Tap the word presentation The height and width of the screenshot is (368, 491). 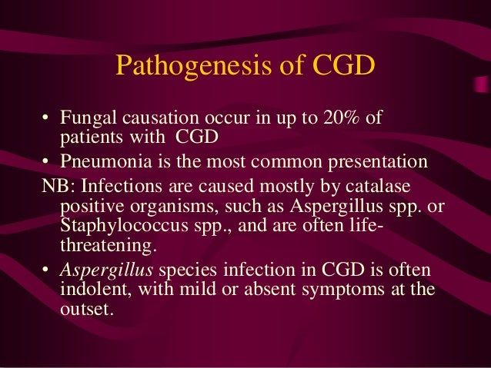coord(380,163)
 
